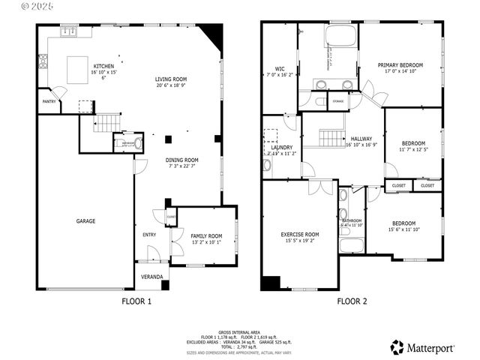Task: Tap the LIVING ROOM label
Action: [x=172, y=79]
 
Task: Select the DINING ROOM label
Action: [x=181, y=160]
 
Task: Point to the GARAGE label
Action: [x=85, y=221]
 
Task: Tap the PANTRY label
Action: [x=49, y=101]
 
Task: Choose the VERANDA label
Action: [x=152, y=277]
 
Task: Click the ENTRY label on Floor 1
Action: [x=151, y=235]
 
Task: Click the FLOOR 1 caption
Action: [x=136, y=301]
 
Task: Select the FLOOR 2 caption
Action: [x=352, y=301]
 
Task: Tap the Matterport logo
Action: [x=423, y=346]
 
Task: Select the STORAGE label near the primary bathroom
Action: [x=338, y=100]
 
